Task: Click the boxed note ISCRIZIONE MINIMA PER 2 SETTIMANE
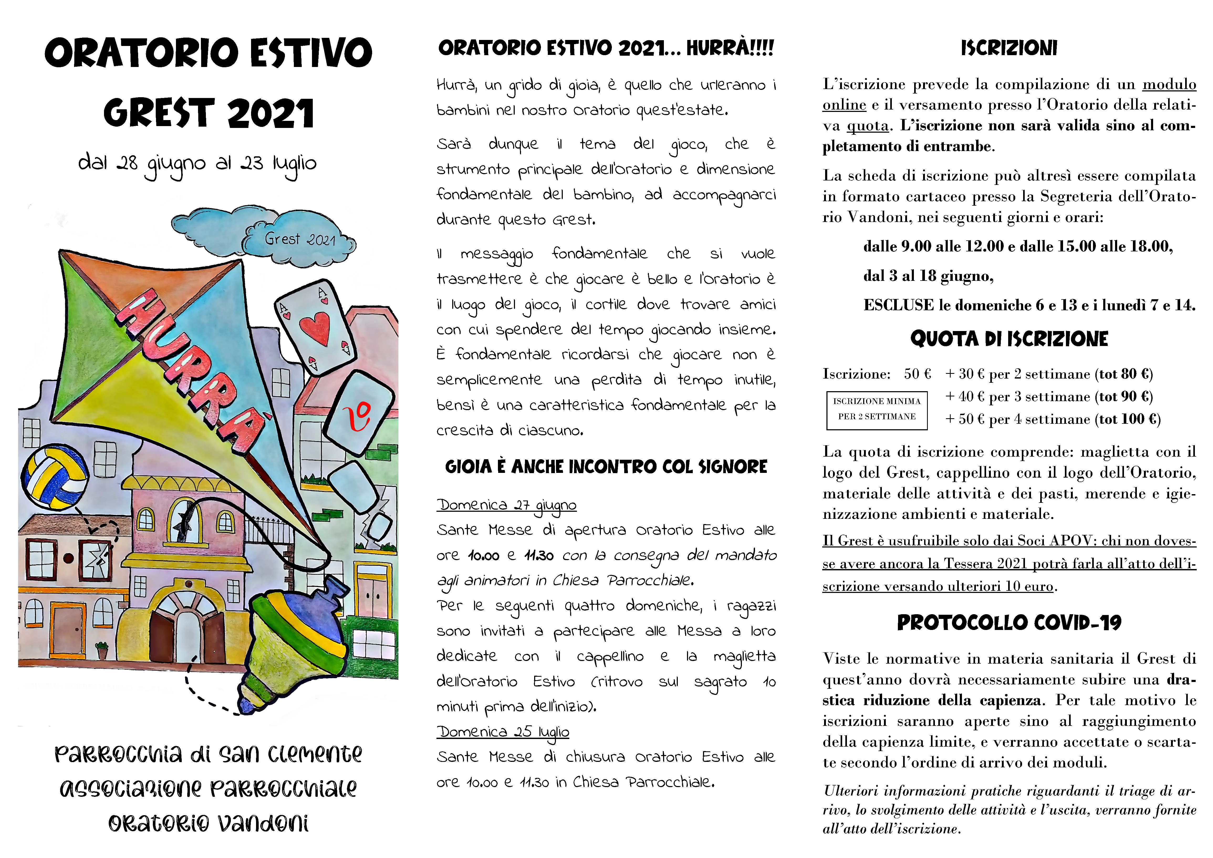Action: [877, 409]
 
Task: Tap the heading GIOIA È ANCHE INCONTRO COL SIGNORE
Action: [606, 467]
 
